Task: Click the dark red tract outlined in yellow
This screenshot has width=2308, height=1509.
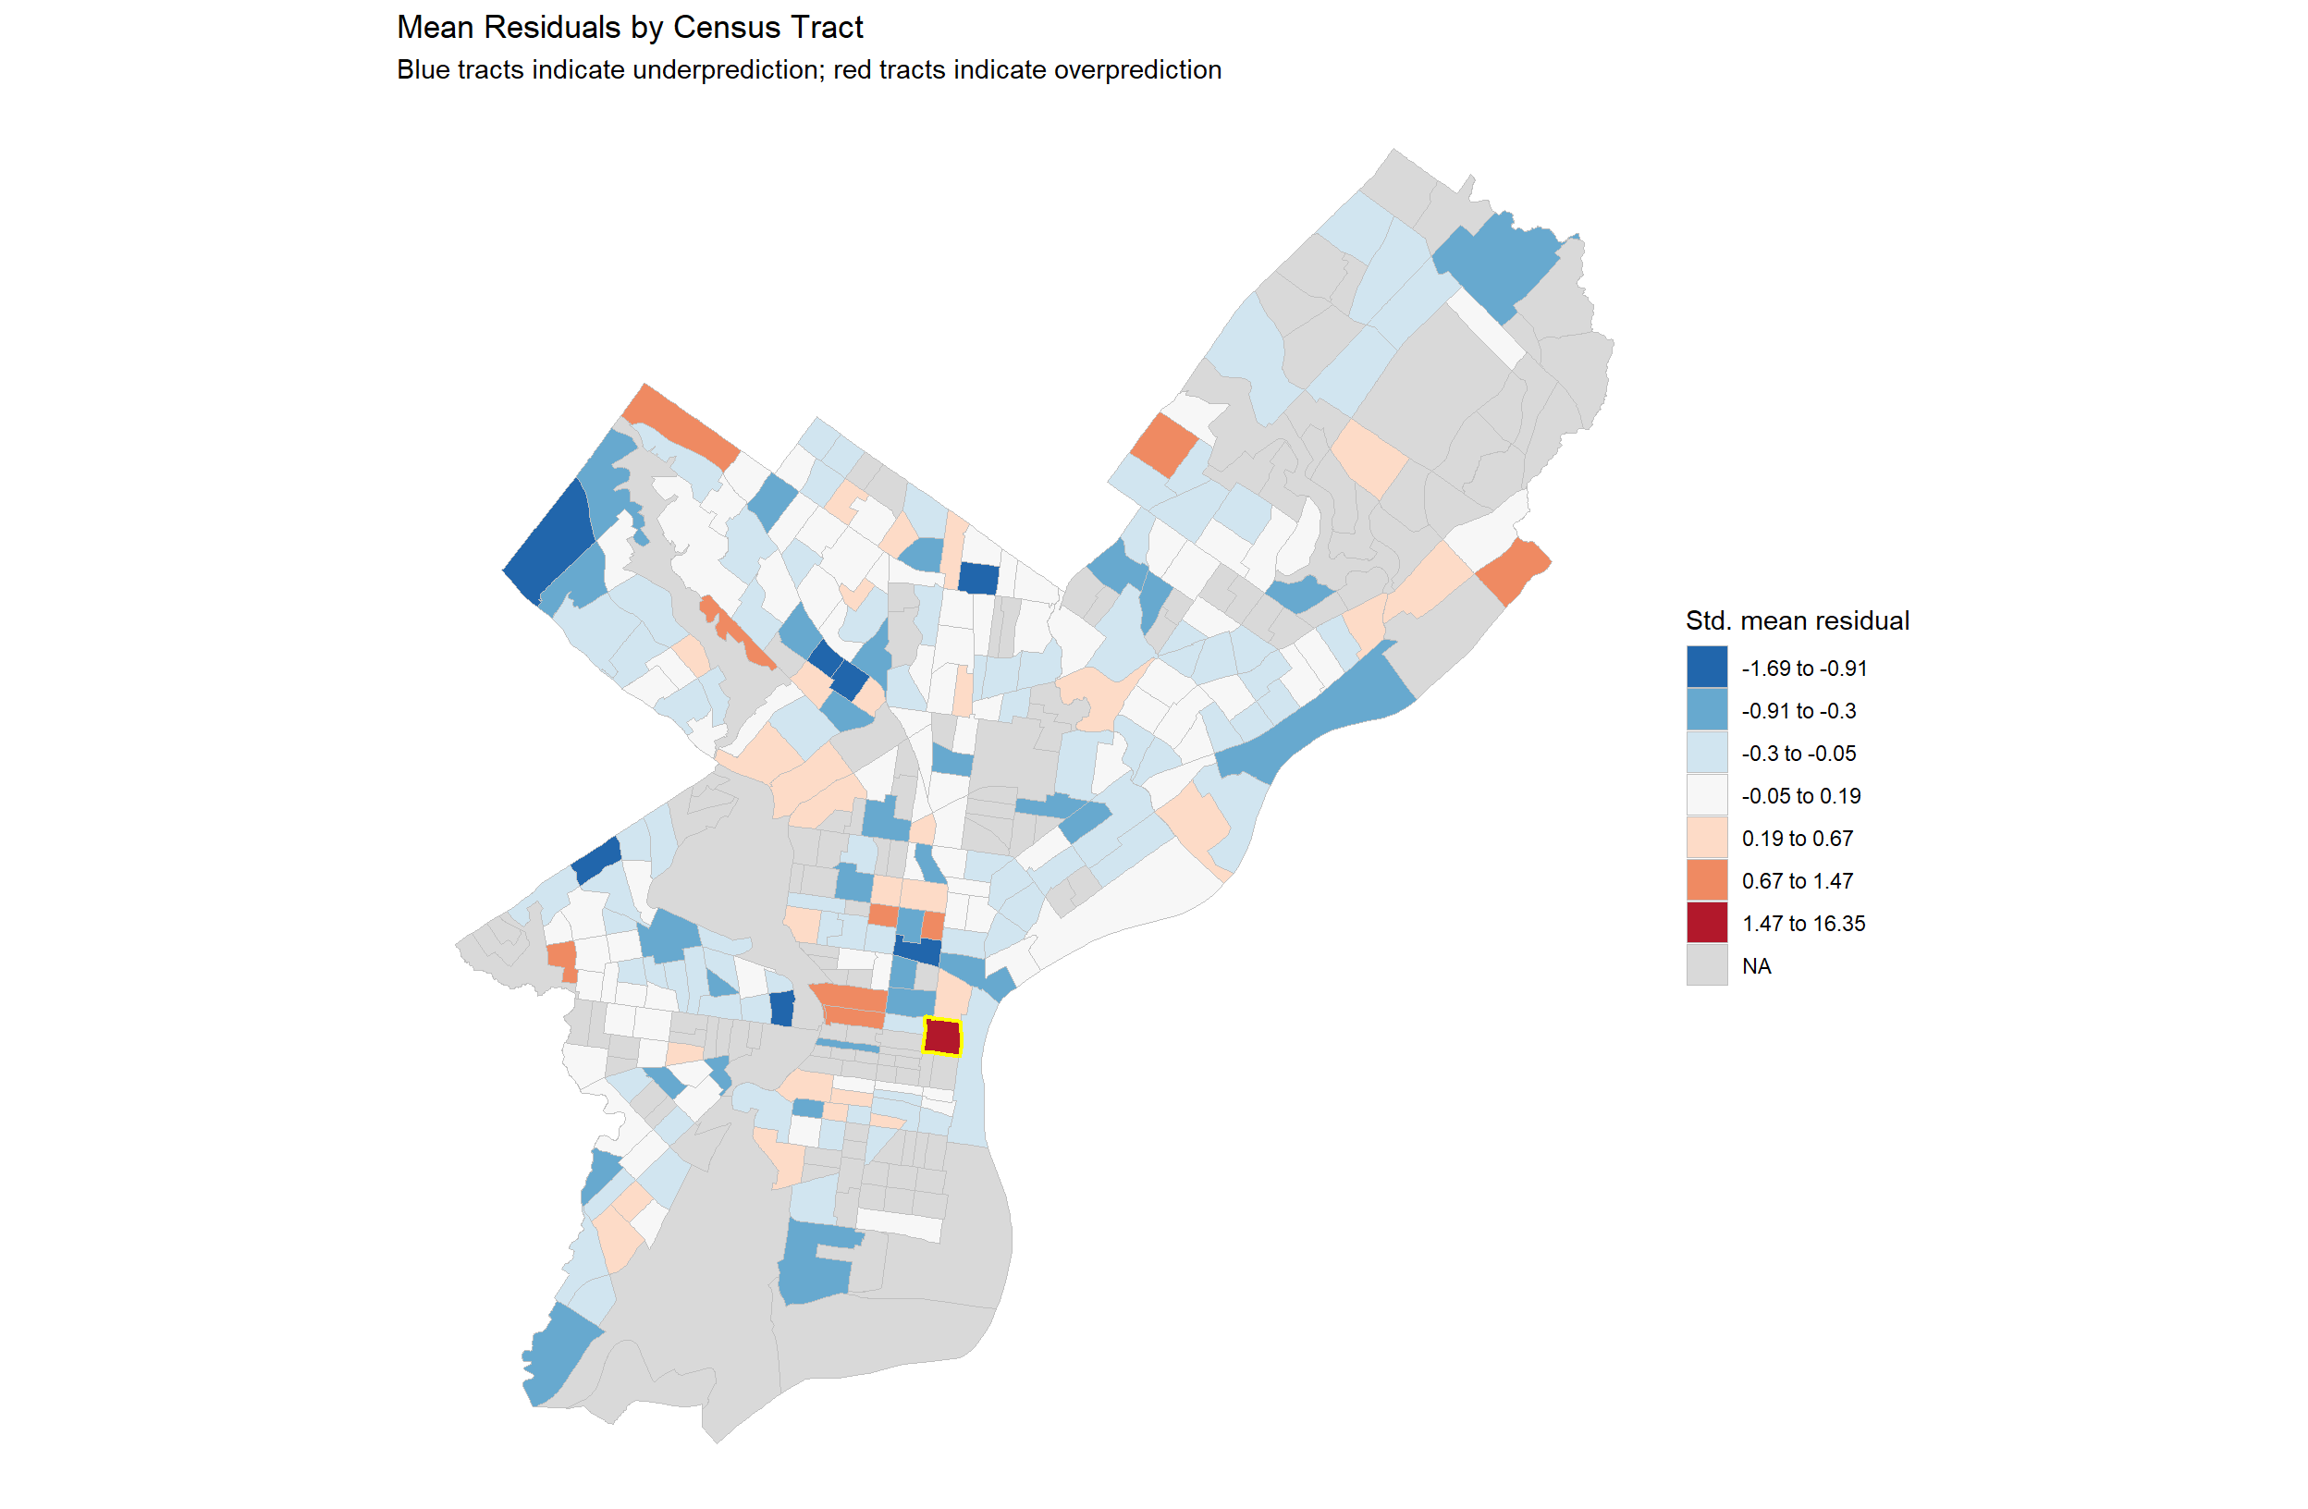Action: coord(941,1037)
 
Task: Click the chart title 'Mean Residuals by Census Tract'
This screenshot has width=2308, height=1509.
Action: coord(630,27)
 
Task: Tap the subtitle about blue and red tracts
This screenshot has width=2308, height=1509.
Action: coord(809,70)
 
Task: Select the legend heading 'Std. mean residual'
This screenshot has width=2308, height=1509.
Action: coord(1797,620)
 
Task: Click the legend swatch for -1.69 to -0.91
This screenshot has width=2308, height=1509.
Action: coord(1707,668)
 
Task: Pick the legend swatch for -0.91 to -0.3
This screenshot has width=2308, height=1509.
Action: coord(1707,710)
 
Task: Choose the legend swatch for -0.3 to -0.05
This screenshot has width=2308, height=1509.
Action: coord(1707,753)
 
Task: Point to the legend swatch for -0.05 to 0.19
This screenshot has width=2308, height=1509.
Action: coord(1707,795)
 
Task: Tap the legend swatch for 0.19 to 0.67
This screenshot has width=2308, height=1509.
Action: coord(1707,838)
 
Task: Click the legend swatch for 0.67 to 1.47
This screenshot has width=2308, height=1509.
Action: coord(1707,880)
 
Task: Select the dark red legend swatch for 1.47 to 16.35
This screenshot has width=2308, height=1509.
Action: coord(1707,923)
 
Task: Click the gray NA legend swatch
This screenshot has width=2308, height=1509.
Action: coord(1707,966)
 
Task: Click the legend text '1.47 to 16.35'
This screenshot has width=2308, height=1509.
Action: coord(1803,923)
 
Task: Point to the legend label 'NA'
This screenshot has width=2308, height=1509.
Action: coord(1756,966)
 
